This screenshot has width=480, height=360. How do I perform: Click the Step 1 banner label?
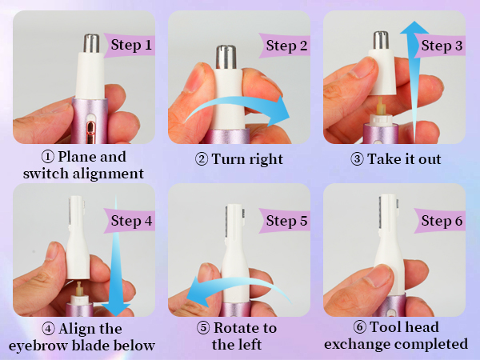(131, 45)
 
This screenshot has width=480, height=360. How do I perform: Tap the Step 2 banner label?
(286, 45)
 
